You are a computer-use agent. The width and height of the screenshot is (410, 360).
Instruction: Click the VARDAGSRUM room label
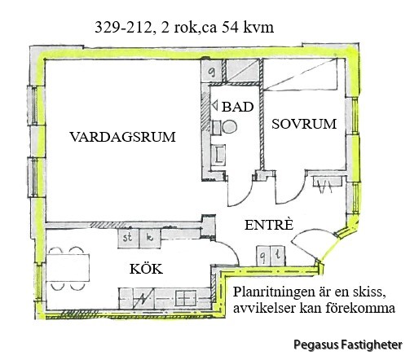pyautogui.click(x=122, y=137)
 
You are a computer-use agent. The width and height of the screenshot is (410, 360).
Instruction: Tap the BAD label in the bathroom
pyautogui.click(x=238, y=107)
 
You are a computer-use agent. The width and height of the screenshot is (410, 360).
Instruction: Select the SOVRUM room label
pyautogui.click(x=304, y=124)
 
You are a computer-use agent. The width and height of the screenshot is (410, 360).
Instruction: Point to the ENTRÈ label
pyautogui.click(x=269, y=225)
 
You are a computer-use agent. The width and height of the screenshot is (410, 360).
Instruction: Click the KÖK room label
pyautogui.click(x=146, y=269)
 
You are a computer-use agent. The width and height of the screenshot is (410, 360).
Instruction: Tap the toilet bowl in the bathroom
pyautogui.click(x=229, y=127)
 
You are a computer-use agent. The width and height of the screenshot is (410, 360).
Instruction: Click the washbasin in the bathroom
pyautogui.click(x=218, y=155)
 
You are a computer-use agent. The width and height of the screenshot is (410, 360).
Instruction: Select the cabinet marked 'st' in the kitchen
pyautogui.click(x=128, y=238)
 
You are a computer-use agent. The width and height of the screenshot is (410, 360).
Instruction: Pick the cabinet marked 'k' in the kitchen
pyautogui.click(x=150, y=238)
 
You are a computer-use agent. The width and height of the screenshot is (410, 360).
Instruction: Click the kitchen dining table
pyautogui.click(x=68, y=268)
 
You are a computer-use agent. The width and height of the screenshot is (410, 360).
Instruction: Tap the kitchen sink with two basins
pyautogui.click(x=186, y=298)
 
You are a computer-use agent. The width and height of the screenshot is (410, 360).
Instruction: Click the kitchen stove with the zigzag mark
pyautogui.click(x=143, y=298)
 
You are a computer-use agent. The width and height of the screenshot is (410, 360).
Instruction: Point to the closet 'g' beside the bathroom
pyautogui.click(x=213, y=71)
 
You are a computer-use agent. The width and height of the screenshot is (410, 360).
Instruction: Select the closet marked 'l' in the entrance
pyautogui.click(x=278, y=256)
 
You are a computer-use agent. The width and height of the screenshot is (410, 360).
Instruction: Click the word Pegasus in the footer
pyautogui.click(x=316, y=345)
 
